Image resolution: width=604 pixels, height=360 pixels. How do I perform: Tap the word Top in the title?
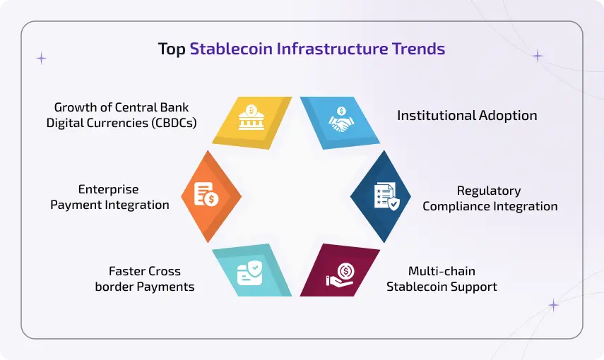tap(172, 49)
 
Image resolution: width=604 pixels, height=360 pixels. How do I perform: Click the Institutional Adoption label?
tap(467, 115)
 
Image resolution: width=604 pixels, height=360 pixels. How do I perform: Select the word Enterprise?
tap(108, 189)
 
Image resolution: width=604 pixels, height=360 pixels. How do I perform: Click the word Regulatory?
tap(489, 191)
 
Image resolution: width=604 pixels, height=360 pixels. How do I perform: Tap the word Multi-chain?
tap(442, 271)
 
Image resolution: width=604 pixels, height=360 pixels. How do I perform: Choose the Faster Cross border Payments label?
tap(145, 279)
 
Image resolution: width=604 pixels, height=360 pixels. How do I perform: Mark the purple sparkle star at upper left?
tap(41, 58)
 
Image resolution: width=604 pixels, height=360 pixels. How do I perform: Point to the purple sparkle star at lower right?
tap(553, 305)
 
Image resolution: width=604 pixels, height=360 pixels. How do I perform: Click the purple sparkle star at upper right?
tap(538, 56)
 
